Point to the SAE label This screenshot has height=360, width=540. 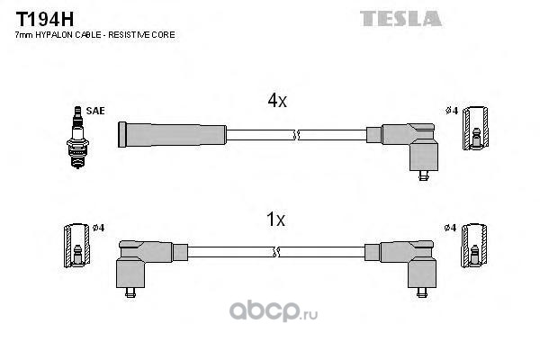[96, 110]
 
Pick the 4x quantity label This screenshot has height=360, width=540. [276, 102]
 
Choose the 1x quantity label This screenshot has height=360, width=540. [276, 219]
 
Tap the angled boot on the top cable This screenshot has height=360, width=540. [409, 144]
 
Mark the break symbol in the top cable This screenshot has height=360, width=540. [296, 137]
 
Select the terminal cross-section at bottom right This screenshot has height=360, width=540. [473, 246]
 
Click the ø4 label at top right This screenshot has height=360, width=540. [452, 111]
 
